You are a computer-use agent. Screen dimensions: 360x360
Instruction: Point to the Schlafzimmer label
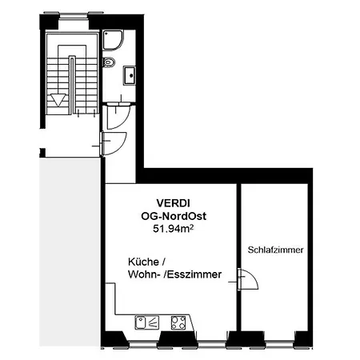pos(276,250)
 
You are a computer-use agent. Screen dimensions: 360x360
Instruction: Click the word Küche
pos(146,262)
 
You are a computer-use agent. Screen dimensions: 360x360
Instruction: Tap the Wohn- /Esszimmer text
pos(173,276)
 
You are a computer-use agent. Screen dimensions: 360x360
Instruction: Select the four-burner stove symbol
pos(178,322)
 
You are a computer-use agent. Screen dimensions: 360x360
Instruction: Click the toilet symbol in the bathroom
pos(111,62)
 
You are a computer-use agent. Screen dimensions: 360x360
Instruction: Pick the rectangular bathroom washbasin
pos(130,75)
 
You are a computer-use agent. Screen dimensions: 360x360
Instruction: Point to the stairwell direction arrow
pos(58,100)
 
